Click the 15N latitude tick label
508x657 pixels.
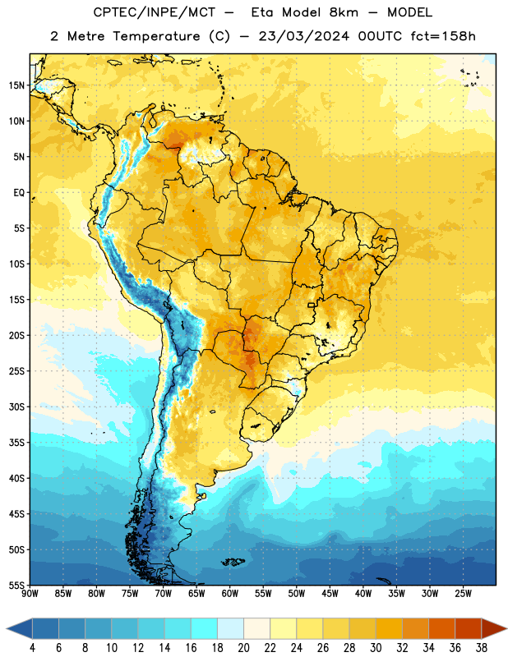pos(16,85)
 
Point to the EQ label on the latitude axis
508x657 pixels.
pos(19,193)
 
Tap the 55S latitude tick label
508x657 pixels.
pos(16,585)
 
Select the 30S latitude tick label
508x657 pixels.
pos(16,407)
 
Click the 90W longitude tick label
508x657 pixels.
pos(30,594)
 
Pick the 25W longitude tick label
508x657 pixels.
pos(463,594)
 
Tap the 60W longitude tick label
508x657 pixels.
pos(230,594)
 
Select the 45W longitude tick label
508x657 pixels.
pos(330,594)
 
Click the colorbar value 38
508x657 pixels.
pos(481,648)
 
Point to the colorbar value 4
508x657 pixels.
pos(32,648)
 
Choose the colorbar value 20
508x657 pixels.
pos(243,648)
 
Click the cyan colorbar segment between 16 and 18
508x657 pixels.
pos(205,629)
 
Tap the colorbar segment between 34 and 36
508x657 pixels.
pos(441,629)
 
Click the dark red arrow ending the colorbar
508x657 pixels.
pos(493,629)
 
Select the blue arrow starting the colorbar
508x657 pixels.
pos(20,629)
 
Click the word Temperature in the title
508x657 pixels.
pos(156,36)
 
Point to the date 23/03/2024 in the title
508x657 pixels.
pos(303,36)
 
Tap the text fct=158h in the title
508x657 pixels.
pos(443,36)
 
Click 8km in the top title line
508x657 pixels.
pos(344,12)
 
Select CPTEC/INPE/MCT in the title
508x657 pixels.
pos(155,13)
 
